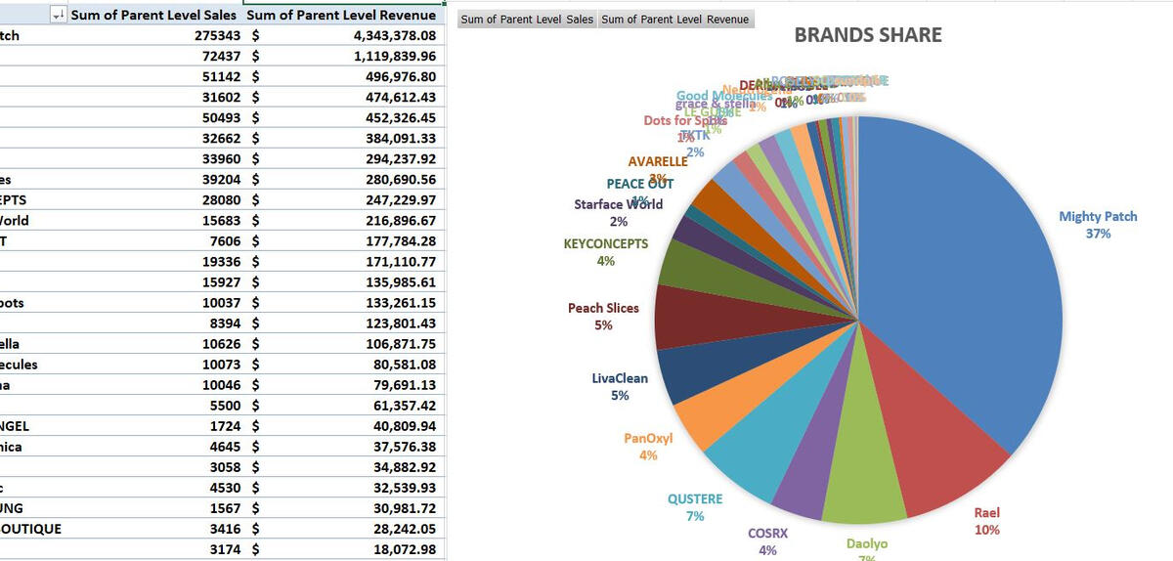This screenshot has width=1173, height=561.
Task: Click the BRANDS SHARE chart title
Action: click(868, 35)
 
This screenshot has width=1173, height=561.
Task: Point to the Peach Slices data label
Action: click(603, 316)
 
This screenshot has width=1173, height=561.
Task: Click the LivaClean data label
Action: click(620, 386)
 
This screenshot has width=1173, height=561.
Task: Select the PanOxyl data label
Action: click(648, 446)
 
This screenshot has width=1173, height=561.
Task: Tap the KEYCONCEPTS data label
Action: click(606, 251)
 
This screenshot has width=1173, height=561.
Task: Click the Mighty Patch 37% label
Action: click(1098, 224)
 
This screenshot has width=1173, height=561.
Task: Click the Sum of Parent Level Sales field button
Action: click(527, 20)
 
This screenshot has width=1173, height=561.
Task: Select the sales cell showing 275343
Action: click(218, 36)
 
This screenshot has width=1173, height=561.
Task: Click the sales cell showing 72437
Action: click(221, 57)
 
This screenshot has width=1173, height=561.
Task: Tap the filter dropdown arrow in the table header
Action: click(58, 15)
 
